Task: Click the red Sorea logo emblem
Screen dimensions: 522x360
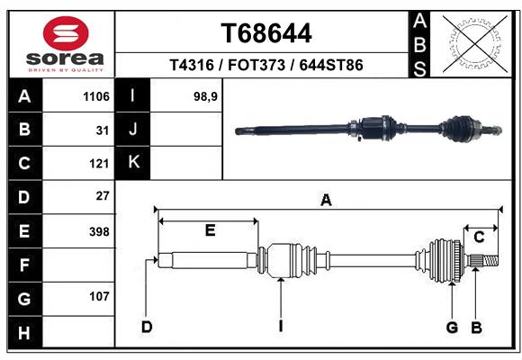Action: [x=66, y=33]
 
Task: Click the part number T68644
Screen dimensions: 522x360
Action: [x=266, y=33]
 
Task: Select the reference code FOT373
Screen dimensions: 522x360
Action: [x=256, y=65]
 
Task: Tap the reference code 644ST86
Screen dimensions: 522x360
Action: [x=331, y=65]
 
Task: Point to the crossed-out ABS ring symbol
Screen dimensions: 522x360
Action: [x=475, y=43]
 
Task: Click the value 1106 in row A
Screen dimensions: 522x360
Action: [x=96, y=96]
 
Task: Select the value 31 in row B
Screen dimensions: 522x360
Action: [x=103, y=130]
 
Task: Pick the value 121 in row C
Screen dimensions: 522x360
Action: [x=99, y=164]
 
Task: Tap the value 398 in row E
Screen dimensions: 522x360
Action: [x=99, y=231]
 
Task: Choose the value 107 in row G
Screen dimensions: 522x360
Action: [x=99, y=296]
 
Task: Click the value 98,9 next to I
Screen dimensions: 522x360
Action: [x=205, y=96]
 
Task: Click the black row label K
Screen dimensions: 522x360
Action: [x=133, y=163]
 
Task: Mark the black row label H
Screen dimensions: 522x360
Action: [x=24, y=332]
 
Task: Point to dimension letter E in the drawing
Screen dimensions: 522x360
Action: [x=210, y=230]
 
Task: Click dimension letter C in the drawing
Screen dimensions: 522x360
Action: [x=479, y=238]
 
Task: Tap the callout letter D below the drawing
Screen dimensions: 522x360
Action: [x=147, y=327]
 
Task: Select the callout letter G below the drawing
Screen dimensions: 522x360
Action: [x=452, y=328]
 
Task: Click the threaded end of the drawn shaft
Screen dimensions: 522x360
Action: [x=490, y=260]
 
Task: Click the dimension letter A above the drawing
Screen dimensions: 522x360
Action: [x=326, y=200]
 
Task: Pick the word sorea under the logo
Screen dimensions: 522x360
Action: [x=65, y=58]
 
